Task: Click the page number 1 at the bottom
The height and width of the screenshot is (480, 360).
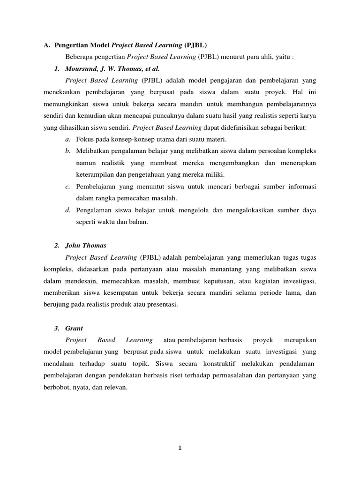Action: pyautogui.click(x=180, y=448)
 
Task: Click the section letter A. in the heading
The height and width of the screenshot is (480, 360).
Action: pyautogui.click(x=46, y=45)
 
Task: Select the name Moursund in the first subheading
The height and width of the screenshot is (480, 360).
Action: pyautogui.click(x=78, y=69)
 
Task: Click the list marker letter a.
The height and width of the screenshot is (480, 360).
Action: pyautogui.click(x=68, y=139)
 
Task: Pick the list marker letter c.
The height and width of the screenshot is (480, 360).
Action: pyautogui.click(x=68, y=187)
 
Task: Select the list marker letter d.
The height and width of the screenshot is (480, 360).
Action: pyautogui.click(x=68, y=210)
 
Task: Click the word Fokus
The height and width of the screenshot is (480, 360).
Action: pyautogui.click(x=85, y=139)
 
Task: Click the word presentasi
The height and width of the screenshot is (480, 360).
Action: pyautogui.click(x=163, y=304)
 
